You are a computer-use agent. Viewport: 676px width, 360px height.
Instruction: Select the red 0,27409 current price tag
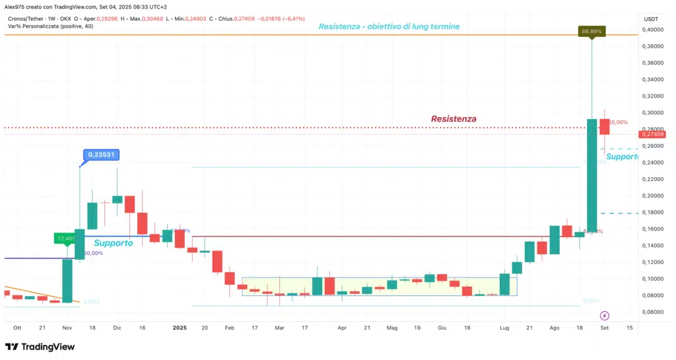pos(652,135)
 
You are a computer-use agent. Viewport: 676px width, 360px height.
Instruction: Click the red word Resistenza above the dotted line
pos(454,119)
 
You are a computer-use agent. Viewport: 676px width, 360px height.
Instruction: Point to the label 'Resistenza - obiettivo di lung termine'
pos(389,26)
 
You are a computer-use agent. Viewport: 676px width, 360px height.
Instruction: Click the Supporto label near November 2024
pos(113,243)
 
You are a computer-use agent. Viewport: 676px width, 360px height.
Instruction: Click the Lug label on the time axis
pos(505,327)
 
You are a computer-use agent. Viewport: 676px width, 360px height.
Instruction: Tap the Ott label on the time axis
pos(17,327)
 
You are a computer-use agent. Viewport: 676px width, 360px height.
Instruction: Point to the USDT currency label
pos(651,18)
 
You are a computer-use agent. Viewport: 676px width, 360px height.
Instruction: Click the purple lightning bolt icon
pos(605,316)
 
